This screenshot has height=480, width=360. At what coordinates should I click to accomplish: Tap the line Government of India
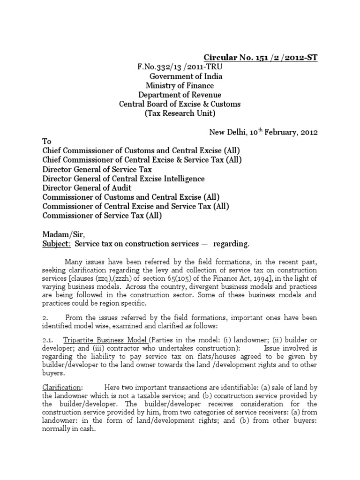186,76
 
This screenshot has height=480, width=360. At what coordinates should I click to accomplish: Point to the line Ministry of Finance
180,86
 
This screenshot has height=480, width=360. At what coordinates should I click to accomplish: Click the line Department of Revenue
180,95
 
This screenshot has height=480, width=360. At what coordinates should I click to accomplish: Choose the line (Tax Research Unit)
180,113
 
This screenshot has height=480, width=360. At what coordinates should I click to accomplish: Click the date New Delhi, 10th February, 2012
263,132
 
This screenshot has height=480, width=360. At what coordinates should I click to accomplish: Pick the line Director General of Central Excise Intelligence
123,179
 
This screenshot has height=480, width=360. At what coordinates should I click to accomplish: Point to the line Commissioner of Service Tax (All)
102,216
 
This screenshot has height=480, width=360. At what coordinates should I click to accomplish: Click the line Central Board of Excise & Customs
180,104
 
